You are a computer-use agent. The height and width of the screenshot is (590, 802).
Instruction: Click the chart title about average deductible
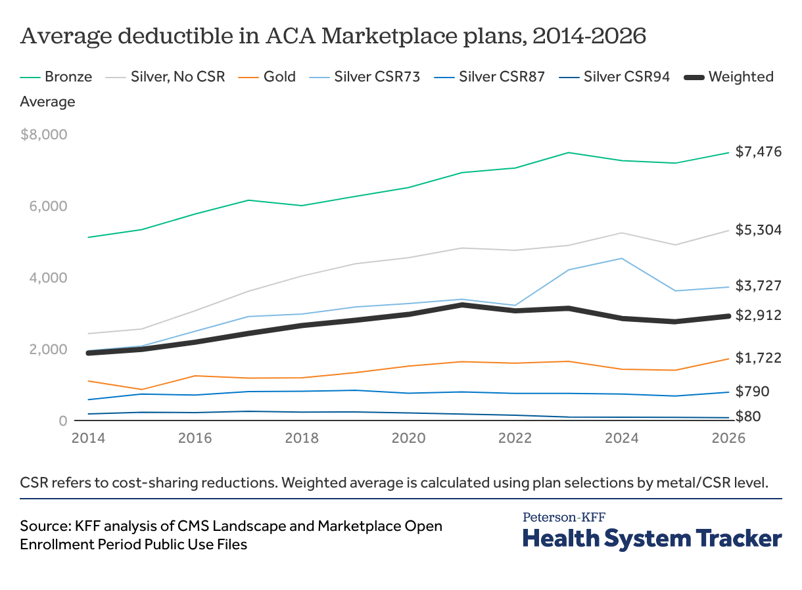(333, 37)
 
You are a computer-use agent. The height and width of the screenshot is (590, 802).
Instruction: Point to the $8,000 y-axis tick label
(44, 135)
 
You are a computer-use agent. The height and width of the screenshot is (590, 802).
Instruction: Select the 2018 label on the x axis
(302, 438)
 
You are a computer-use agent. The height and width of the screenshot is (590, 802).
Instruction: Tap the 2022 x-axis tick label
(515, 438)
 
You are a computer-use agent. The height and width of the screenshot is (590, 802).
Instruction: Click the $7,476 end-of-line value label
(758, 152)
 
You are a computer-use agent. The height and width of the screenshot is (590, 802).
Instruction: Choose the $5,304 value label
(758, 230)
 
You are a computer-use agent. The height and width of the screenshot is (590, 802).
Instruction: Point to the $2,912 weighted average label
(758, 315)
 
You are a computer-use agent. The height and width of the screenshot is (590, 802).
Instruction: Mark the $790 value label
(751, 392)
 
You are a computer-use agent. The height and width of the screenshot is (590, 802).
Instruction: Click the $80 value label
(748, 416)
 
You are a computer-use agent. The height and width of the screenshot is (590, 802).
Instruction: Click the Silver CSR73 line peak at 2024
(622, 258)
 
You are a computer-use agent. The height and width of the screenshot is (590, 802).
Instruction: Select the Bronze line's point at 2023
(568, 152)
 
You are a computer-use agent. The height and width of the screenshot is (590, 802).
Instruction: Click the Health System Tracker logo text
(652, 538)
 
